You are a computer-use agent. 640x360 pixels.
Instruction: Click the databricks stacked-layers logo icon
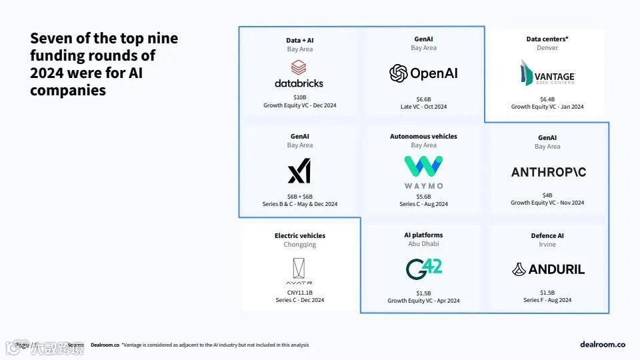(x=299, y=67)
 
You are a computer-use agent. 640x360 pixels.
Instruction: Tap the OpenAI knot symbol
(x=399, y=73)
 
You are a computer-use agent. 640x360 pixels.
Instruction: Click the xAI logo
(x=299, y=173)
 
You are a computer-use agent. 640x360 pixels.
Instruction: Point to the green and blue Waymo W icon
(x=423, y=167)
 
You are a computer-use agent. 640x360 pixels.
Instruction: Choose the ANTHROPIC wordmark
(x=548, y=172)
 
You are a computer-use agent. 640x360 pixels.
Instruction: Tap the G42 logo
(x=423, y=269)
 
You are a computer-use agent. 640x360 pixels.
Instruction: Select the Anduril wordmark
(x=548, y=269)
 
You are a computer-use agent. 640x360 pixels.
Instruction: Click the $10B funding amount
(x=299, y=97)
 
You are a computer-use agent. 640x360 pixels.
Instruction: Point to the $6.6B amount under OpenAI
(x=423, y=98)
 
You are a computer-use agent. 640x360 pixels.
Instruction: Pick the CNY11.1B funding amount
(x=299, y=292)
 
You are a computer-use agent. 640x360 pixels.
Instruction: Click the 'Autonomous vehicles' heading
(x=423, y=137)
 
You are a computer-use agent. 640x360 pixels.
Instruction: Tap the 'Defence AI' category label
(x=547, y=236)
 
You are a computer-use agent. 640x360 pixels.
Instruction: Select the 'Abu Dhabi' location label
(x=423, y=244)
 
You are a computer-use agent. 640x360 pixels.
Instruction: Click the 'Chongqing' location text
(x=299, y=245)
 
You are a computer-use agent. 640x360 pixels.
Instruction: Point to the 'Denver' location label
(x=547, y=48)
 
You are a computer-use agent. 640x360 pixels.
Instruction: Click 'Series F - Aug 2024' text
(x=547, y=300)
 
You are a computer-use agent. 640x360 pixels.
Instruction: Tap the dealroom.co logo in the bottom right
(x=603, y=344)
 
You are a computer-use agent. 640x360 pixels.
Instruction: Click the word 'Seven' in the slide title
(x=49, y=39)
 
